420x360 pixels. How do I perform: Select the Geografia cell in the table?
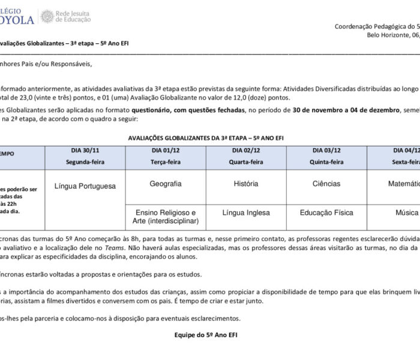166,167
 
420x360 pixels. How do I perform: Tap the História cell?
246,167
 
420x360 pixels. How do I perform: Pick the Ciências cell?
326,167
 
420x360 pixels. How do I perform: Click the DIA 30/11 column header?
85,150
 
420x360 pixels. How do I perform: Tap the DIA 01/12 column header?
166,150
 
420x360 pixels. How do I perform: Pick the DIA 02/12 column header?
246,150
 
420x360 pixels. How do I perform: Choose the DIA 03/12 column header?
326,150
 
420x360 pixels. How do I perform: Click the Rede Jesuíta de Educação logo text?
73,16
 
